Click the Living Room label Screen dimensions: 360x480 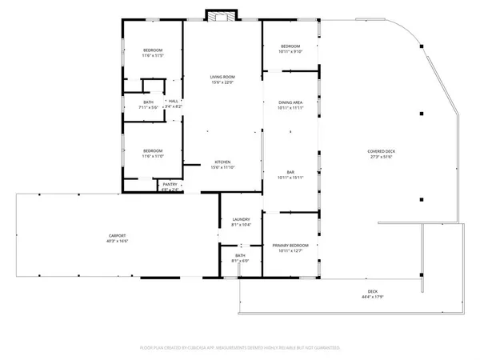222,76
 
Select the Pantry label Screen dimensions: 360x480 170,184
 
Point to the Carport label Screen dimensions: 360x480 118,235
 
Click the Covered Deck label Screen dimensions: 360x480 381,151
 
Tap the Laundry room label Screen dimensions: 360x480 241,219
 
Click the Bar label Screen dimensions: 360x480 291,172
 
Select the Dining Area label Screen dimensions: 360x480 290,102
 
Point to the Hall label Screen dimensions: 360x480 173,101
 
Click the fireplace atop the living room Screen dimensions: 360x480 221,16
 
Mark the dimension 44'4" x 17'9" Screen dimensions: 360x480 373,297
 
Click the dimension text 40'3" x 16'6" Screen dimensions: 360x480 118,241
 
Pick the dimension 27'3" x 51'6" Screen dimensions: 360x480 381,157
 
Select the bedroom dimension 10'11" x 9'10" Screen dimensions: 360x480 290,51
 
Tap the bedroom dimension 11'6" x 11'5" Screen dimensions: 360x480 152,56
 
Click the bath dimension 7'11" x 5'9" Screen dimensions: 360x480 149,107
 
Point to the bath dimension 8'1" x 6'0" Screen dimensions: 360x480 241,260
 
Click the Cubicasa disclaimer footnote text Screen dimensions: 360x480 240,348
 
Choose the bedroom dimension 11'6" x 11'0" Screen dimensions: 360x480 153,157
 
